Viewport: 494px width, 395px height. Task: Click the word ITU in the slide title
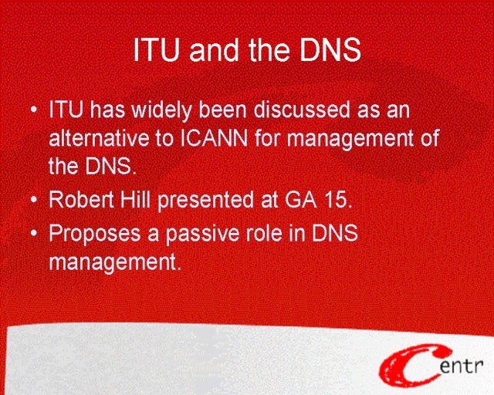pyautogui.click(x=157, y=50)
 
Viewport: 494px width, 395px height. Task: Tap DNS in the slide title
pyautogui.click(x=330, y=50)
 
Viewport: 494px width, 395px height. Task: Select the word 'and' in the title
pyautogui.click(x=214, y=50)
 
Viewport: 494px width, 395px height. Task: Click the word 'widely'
pyautogui.click(x=161, y=110)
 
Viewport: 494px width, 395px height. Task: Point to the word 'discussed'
pyautogui.click(x=302, y=110)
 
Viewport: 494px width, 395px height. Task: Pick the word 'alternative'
pyautogui.click(x=100, y=138)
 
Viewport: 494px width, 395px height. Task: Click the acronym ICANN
pyautogui.click(x=215, y=138)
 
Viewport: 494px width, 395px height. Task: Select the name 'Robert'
pyautogui.click(x=81, y=199)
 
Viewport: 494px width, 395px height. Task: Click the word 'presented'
pyautogui.click(x=206, y=201)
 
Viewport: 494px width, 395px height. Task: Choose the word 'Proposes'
pyautogui.click(x=94, y=234)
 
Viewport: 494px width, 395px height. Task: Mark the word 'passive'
pyautogui.click(x=202, y=234)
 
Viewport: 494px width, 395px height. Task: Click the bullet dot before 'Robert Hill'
pyautogui.click(x=34, y=200)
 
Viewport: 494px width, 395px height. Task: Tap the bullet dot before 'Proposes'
pyautogui.click(x=34, y=234)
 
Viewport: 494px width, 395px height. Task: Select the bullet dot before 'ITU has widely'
pyautogui.click(x=34, y=110)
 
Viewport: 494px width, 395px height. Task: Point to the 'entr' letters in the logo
pyautogui.click(x=462, y=366)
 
